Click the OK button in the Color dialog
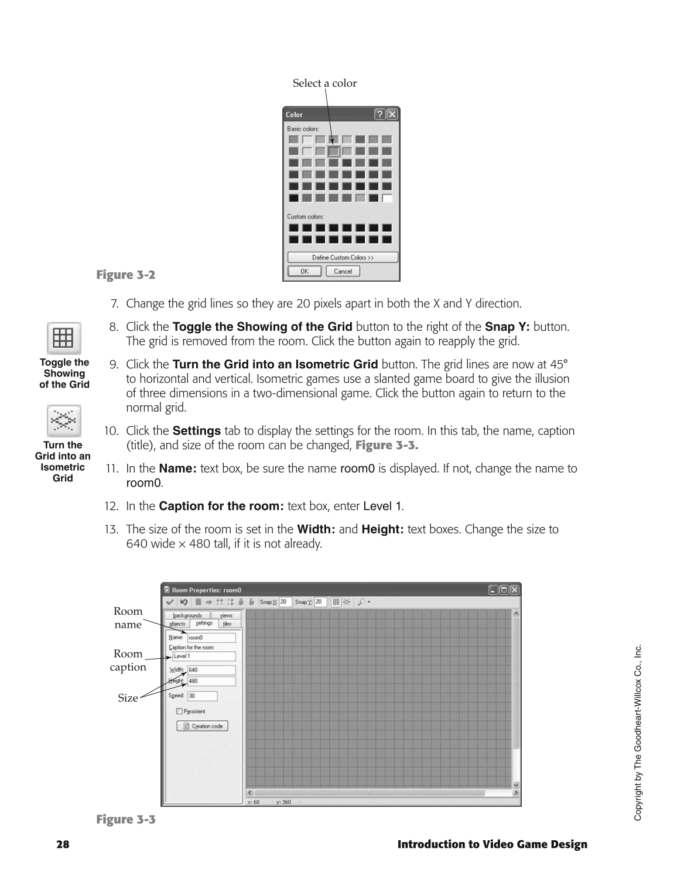pyautogui.click(x=304, y=271)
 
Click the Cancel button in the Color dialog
pyautogui.click(x=343, y=271)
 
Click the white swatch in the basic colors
pyautogui.click(x=387, y=198)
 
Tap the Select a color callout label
pyautogui.click(x=324, y=83)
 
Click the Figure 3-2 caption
pyautogui.click(x=126, y=275)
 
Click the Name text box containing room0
pyautogui.click(x=211, y=638)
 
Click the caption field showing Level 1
pyautogui.click(x=203, y=656)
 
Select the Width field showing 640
pyautogui.click(x=211, y=670)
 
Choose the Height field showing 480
pyautogui.click(x=211, y=681)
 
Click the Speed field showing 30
pyautogui.click(x=202, y=696)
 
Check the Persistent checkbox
pyautogui.click(x=179, y=711)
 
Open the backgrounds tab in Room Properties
pyautogui.click(x=187, y=615)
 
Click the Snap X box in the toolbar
pyautogui.click(x=285, y=602)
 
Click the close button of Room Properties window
pyautogui.click(x=514, y=590)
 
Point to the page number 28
pyautogui.click(x=63, y=844)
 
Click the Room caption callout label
pyautogui.click(x=128, y=660)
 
